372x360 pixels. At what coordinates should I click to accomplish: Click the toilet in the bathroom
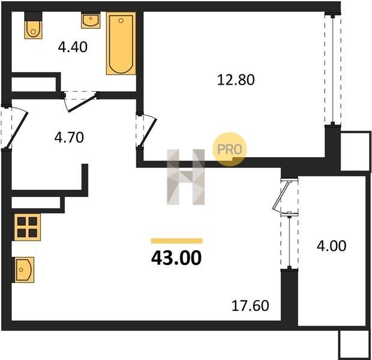[34, 25]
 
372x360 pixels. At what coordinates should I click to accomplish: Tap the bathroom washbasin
[91, 20]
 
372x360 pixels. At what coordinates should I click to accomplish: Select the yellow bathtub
[121, 43]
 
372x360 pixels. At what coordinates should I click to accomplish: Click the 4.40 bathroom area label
[73, 47]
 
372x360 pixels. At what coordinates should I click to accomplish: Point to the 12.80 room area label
[236, 80]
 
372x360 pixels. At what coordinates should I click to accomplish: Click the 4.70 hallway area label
[69, 137]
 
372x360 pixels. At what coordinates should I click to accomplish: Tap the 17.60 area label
[250, 305]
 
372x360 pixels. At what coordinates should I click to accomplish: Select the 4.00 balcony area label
[331, 246]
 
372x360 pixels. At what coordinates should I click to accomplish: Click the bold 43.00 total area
[176, 258]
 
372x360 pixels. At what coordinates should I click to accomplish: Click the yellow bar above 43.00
[177, 241]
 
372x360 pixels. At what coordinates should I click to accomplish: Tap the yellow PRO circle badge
[229, 149]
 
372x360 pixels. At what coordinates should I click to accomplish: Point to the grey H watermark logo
[186, 177]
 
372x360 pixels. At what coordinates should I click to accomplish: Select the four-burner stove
[27, 227]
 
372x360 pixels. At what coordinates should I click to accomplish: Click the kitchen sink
[24, 270]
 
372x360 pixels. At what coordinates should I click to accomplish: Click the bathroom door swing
[80, 101]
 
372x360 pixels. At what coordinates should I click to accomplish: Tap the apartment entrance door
[14, 127]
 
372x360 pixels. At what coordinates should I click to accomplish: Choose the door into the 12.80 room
[146, 130]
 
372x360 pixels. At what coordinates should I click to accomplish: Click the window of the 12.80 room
[333, 69]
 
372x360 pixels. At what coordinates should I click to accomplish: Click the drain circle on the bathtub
[121, 20]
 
